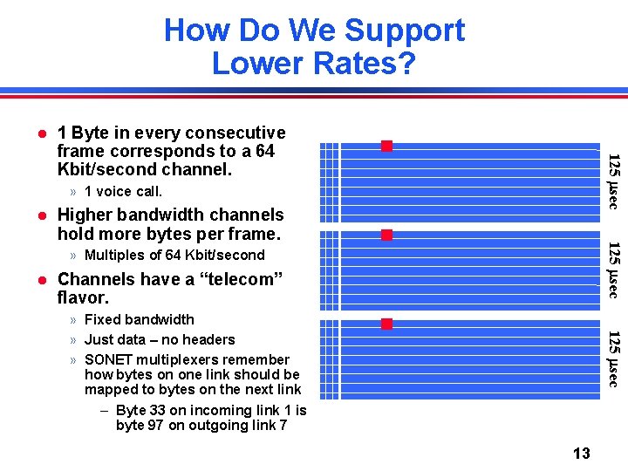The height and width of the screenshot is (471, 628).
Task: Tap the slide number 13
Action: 581,453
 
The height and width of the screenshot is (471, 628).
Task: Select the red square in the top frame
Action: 386,146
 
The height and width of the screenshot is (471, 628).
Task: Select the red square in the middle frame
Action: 386,235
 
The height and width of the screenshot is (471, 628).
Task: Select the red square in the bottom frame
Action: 386,324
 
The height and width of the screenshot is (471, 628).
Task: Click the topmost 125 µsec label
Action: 613,181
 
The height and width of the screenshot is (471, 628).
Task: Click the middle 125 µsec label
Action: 613,270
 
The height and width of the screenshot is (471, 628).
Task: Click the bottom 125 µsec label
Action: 613,358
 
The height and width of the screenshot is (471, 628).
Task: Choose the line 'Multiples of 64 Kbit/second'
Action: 174,256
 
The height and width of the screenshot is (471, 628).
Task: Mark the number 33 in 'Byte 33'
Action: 160,410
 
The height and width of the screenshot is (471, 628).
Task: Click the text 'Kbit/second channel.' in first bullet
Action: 145,169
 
